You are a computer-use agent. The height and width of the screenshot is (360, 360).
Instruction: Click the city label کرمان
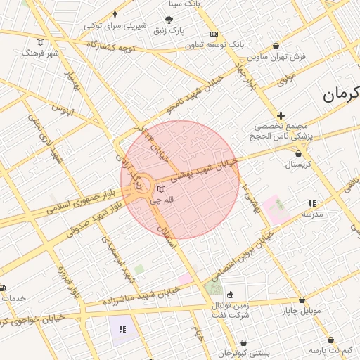coord(341,95)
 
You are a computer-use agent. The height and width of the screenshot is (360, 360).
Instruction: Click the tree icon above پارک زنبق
coord(168,20)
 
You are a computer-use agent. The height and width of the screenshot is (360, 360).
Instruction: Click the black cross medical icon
coord(281,115)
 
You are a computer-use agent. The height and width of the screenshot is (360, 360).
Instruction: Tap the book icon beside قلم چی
coord(162,190)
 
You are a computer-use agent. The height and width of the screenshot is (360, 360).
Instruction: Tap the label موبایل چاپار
coord(302,310)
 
